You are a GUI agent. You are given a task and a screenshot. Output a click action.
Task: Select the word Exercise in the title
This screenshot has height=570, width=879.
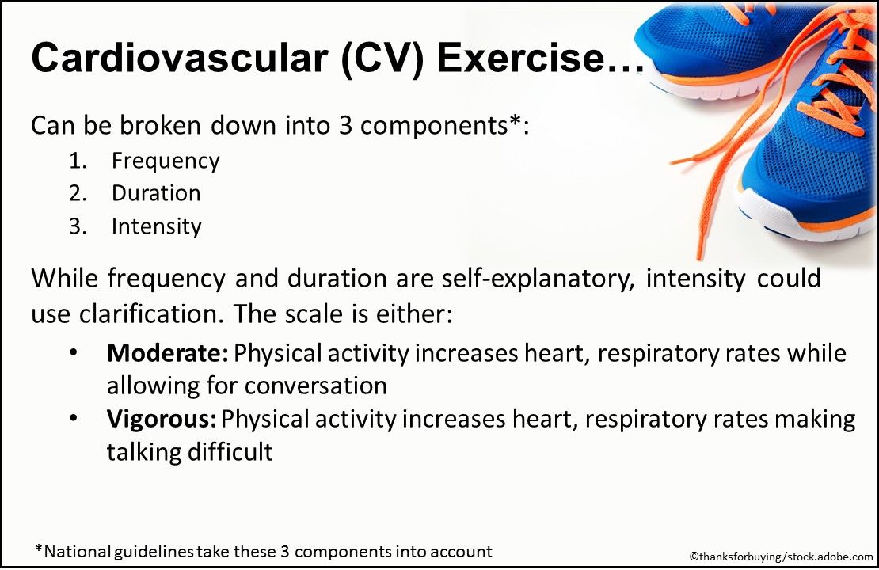coord(530,59)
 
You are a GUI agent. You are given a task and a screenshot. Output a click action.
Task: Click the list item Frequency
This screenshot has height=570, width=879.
coord(166,161)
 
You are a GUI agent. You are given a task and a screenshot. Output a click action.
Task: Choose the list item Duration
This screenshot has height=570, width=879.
coord(156,193)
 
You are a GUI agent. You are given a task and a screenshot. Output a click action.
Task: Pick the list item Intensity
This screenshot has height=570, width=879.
coord(157,226)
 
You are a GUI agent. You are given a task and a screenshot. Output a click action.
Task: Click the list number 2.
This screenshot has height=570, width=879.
coord(78,193)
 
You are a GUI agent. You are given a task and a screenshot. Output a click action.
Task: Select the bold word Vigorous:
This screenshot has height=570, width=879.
coord(164,420)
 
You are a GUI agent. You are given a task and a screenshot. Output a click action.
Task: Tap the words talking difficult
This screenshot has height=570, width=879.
coord(190,452)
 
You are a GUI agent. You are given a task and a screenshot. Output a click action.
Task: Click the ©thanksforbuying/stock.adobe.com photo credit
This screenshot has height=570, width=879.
coord(780,557)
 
